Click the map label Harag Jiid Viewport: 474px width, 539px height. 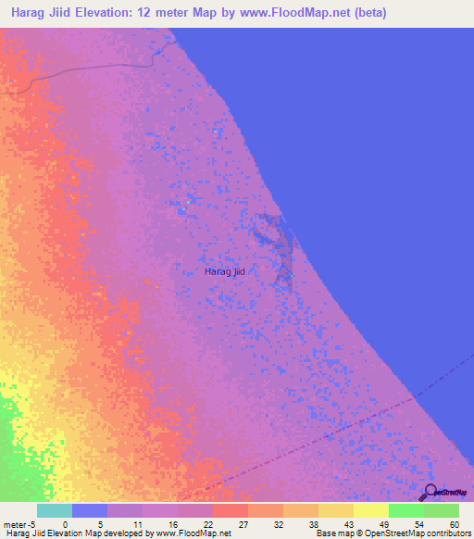click(x=224, y=271)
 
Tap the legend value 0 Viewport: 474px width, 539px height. click(x=64, y=524)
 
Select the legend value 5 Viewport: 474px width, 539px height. click(x=99, y=524)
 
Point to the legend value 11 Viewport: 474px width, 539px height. click(x=135, y=524)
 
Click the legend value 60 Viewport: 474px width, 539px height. click(x=453, y=524)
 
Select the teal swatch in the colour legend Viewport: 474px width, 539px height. click(x=55, y=510)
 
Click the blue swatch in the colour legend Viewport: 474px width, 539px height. click(x=90, y=510)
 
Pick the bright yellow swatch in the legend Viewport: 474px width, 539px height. click(x=371, y=510)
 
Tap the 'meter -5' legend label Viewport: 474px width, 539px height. click(x=19, y=524)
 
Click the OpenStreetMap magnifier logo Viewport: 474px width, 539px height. click(x=429, y=493)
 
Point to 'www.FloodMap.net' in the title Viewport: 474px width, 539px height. click(x=288, y=13)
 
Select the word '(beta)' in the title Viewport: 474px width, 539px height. click(x=365, y=13)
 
